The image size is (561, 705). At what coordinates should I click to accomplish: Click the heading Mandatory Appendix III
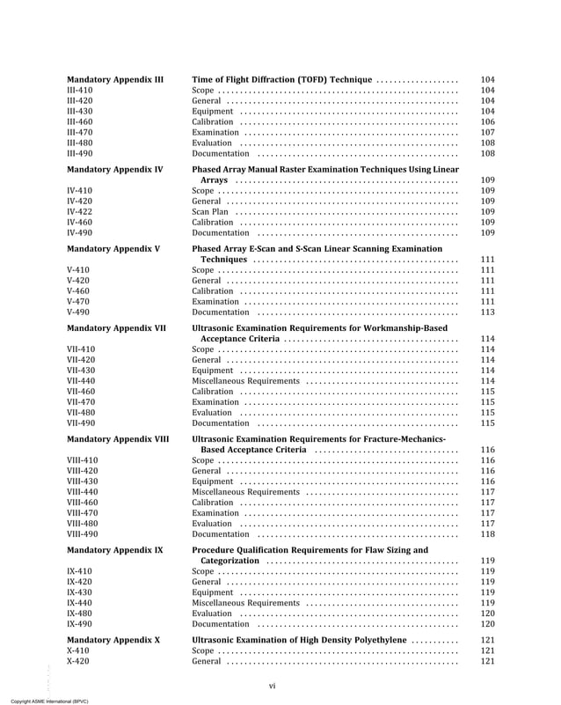pyautogui.click(x=115, y=79)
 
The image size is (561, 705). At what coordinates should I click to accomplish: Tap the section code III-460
pyautogui.click(x=80, y=121)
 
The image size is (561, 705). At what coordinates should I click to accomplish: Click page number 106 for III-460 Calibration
pyautogui.click(x=488, y=121)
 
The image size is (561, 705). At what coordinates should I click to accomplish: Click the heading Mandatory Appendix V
pyautogui.click(x=113, y=249)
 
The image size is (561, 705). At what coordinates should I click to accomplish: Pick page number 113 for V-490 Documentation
pyautogui.click(x=488, y=312)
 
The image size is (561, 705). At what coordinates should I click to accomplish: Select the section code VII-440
pyautogui.click(x=82, y=381)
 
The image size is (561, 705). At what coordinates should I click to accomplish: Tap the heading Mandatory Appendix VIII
pyautogui.click(x=118, y=438)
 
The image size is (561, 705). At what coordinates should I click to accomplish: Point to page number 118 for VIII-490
pyautogui.click(x=488, y=533)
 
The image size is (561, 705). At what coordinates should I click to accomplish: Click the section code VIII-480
pyautogui.click(x=83, y=523)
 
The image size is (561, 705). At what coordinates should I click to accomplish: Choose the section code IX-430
pyautogui.click(x=79, y=592)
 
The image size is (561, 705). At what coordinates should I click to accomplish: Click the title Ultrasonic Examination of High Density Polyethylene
pyautogui.click(x=299, y=641)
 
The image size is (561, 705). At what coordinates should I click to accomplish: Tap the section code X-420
pyautogui.click(x=77, y=661)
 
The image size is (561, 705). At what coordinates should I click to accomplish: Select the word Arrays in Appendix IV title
pyautogui.click(x=215, y=180)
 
